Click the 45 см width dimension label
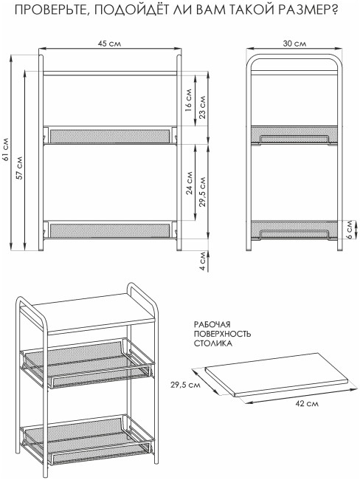coord(109,44)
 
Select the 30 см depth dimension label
coord(294,44)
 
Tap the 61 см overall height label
coord(6,152)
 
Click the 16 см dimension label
coord(188,100)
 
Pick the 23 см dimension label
coord(202,107)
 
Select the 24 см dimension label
coord(189,183)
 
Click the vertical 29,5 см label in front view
coord(202,192)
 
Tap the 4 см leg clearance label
coord(202,261)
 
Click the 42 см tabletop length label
coord(307,404)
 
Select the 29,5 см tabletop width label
coord(185,385)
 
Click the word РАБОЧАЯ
coord(212,324)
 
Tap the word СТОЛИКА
coord(213,344)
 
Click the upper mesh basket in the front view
coord(110,135)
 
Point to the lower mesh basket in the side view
coord(294,230)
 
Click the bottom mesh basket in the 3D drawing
coord(87,438)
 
